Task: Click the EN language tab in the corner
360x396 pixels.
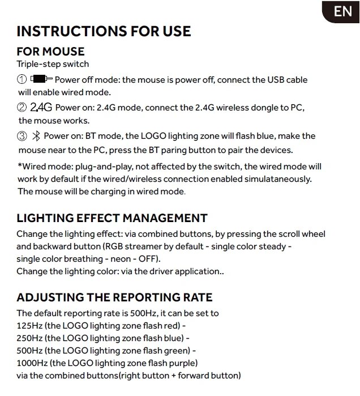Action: tap(342, 12)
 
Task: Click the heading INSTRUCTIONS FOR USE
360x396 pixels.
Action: tap(104, 31)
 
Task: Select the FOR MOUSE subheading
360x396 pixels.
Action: tap(50, 52)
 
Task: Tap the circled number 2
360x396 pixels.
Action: tap(22, 108)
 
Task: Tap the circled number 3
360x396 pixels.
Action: tap(22, 136)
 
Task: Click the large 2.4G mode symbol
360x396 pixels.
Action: tap(41, 108)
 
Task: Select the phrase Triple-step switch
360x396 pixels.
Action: tap(53, 65)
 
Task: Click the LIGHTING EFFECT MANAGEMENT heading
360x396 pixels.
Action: tap(112, 218)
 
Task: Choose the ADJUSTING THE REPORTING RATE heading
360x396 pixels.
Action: tap(114, 297)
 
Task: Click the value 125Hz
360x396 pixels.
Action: tap(29, 325)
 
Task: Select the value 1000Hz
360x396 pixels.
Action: tap(32, 363)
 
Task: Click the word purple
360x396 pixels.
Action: tap(180, 363)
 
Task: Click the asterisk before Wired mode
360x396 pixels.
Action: tap(19, 166)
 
